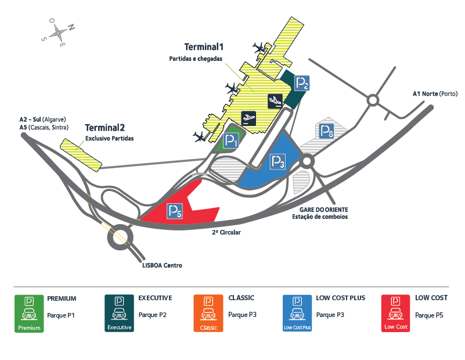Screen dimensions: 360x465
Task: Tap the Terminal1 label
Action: tap(204, 47)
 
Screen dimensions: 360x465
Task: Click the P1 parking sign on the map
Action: tap(231, 140)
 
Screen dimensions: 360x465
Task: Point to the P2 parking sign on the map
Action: tap(302, 84)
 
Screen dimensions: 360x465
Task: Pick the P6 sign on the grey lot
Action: tap(326, 131)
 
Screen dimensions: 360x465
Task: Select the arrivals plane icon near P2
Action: tap(275, 101)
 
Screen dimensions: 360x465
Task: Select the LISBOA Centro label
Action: tap(162, 265)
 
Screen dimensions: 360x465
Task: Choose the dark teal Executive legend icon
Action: tap(119, 314)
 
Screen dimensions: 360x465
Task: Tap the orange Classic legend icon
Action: tap(208, 314)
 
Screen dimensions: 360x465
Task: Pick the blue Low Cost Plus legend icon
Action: tap(297, 314)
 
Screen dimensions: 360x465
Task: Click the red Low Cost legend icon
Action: tap(396, 314)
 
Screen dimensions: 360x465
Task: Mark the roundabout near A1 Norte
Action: tap(372, 100)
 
